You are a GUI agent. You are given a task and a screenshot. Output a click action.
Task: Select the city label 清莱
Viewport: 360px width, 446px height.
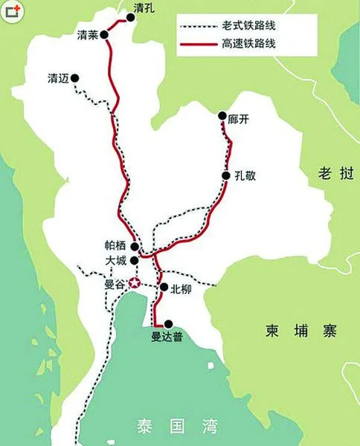point(88,35)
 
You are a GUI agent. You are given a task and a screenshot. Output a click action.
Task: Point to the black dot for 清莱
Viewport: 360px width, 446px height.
point(105,34)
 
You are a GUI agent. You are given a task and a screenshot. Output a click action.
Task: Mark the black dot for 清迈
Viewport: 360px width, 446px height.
point(75,77)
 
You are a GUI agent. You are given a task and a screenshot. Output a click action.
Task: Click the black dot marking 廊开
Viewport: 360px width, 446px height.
point(222,116)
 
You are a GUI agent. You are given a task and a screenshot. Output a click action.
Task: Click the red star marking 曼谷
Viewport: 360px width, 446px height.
point(135,283)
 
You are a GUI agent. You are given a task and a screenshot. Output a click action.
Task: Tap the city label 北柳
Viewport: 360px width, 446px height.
point(181,288)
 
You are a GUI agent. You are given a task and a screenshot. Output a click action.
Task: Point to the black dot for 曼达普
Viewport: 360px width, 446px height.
point(169,324)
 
